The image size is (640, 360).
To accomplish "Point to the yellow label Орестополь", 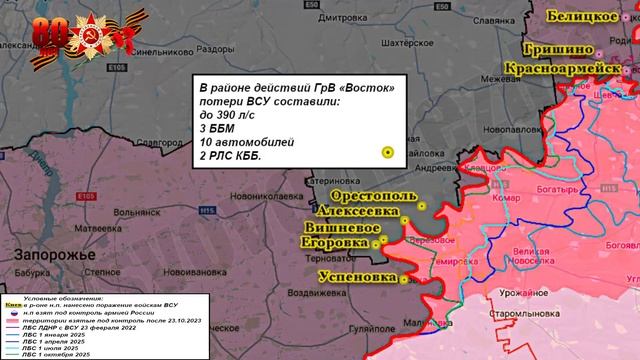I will click(370, 194).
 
